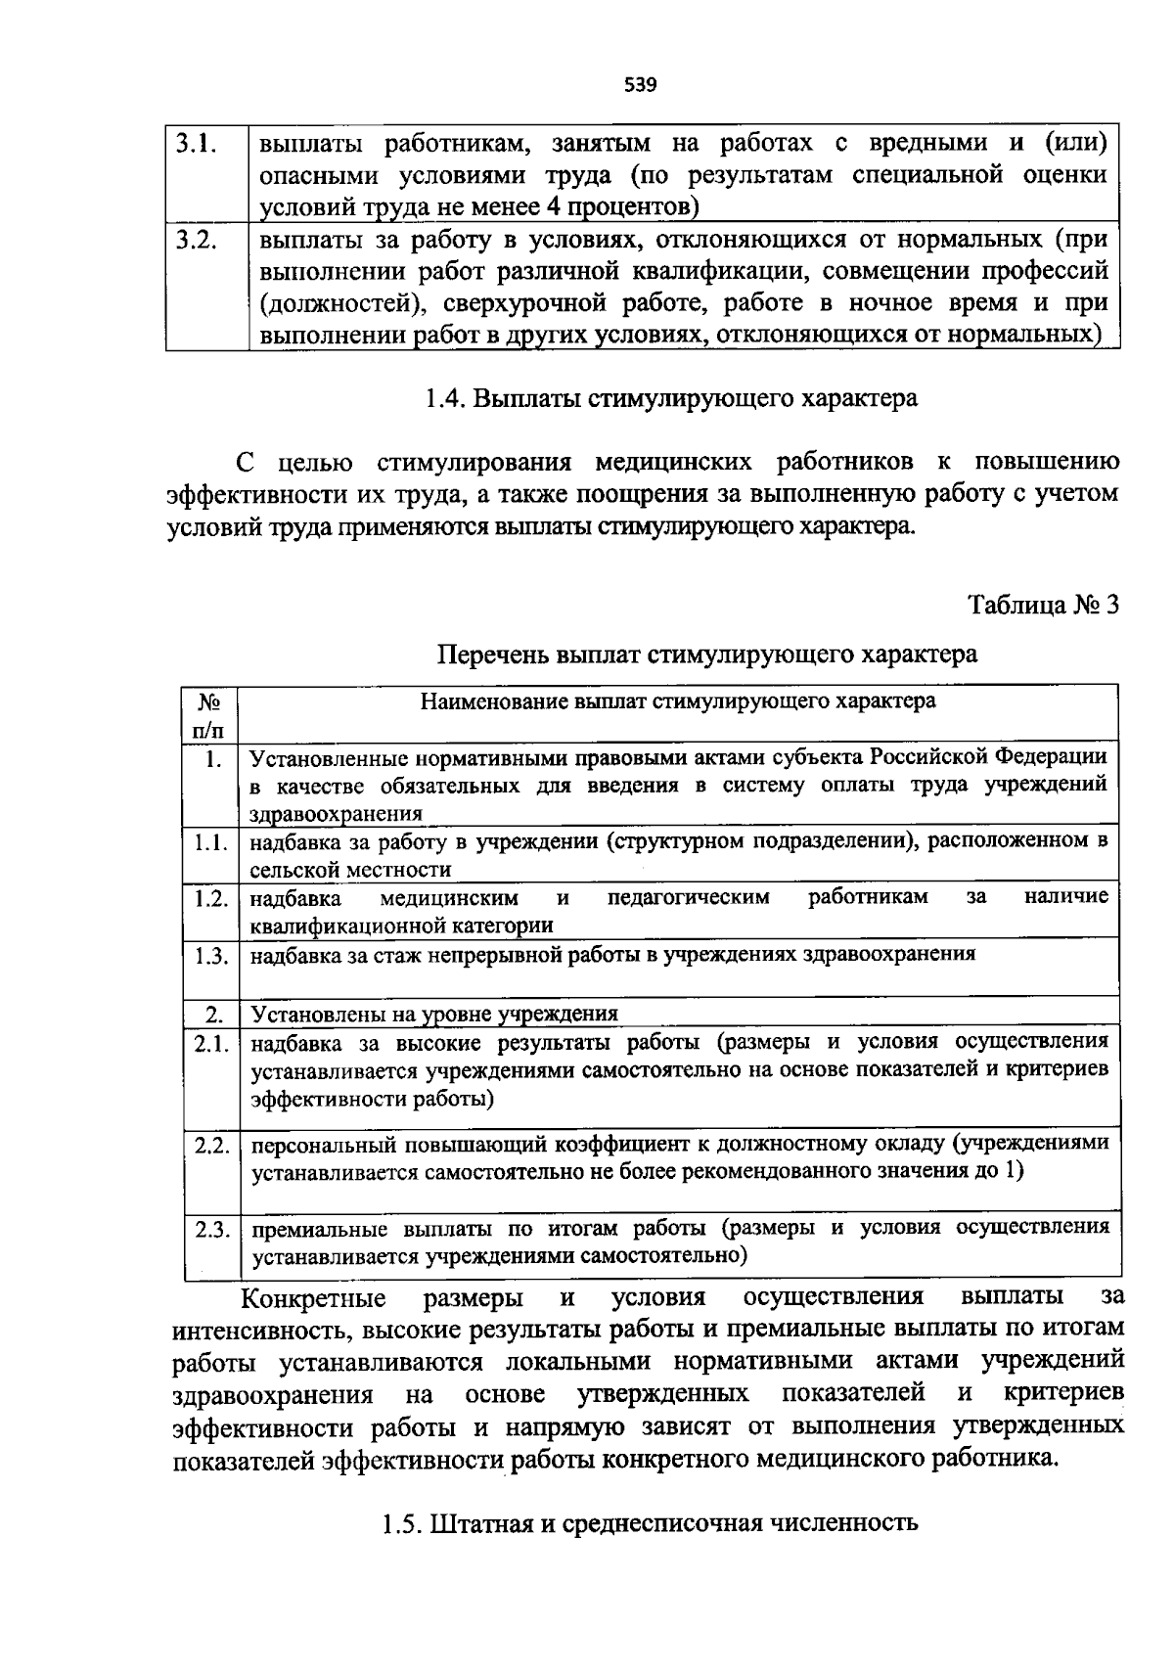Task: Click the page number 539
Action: pos(640,85)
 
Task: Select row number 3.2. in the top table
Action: pos(197,240)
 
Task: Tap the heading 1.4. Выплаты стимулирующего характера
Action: pos(671,399)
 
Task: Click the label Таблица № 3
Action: pos(1043,604)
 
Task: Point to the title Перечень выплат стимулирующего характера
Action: pos(706,654)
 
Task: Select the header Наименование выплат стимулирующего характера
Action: pos(677,700)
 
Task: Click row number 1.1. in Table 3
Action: pos(210,842)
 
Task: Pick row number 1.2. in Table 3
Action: pos(210,898)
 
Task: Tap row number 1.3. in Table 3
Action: pos(210,956)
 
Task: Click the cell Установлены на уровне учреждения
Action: pos(434,1014)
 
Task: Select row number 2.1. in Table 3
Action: pos(210,1044)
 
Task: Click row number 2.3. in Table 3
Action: pos(211,1230)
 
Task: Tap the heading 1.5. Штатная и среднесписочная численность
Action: pos(649,1523)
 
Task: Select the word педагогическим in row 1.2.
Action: pos(688,897)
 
